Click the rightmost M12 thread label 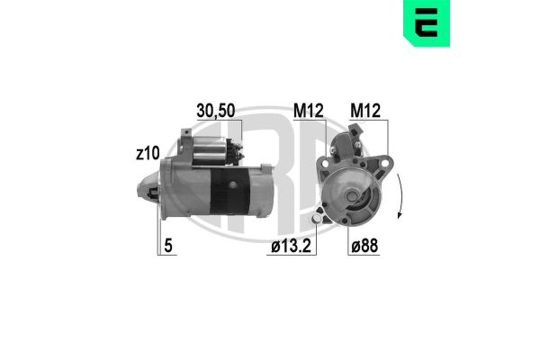tap(364, 111)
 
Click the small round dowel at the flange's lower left tap(319, 220)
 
